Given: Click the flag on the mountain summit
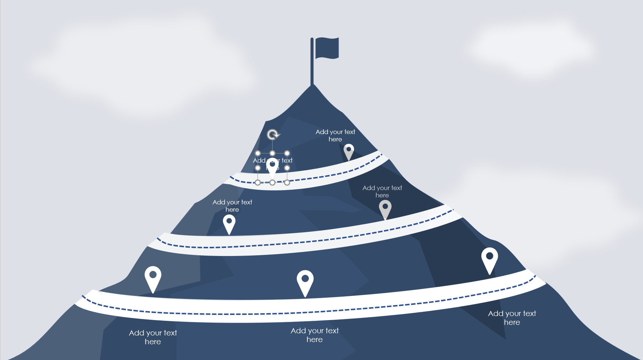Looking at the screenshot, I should (327, 48).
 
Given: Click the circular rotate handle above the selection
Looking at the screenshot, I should (273, 135).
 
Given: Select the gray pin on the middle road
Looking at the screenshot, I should (385, 208).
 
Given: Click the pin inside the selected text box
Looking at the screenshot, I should (272, 167).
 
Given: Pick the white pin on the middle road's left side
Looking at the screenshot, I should (229, 222).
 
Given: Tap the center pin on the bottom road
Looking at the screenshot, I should (305, 281).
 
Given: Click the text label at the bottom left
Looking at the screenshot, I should (153, 337).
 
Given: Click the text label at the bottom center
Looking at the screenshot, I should (315, 335).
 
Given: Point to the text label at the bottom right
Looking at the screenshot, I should (512, 318).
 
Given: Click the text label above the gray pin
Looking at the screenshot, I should (382, 191).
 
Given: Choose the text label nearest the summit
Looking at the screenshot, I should (335, 135).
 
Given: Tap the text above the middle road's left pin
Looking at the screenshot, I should (232, 205).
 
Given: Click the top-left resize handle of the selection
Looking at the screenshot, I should (258, 153).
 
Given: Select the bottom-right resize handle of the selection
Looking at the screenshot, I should (287, 182).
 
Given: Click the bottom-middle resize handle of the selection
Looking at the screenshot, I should (273, 182).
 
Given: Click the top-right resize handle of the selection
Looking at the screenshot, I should (287, 153).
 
